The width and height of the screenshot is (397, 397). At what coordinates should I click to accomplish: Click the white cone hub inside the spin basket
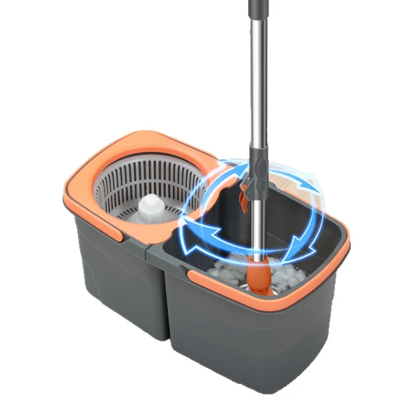149,205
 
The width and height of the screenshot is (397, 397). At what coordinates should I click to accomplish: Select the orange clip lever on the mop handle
243,198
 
